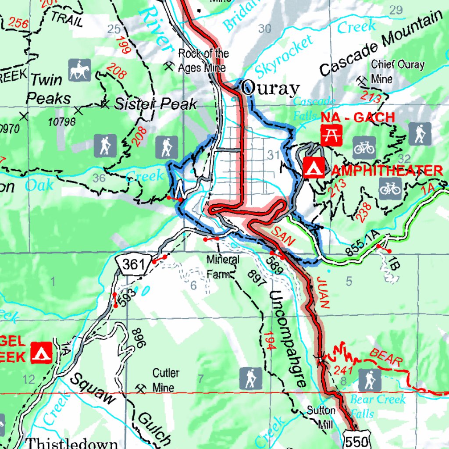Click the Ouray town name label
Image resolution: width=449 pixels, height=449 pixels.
270,89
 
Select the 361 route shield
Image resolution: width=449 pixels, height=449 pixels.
133,264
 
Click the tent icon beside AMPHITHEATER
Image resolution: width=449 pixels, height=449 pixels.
314,167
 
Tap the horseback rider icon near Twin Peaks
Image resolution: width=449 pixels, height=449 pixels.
79,70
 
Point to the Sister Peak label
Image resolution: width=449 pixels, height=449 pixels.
155,104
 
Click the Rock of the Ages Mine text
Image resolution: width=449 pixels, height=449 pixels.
203,61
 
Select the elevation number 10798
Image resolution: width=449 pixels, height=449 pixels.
62,121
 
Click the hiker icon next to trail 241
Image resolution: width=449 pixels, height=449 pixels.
369,380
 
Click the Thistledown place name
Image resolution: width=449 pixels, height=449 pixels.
72,443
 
